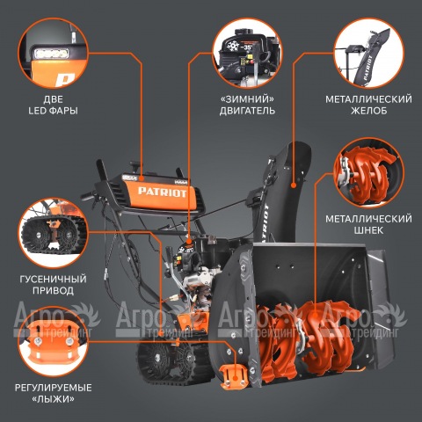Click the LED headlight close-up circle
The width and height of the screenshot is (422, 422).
point(53,53)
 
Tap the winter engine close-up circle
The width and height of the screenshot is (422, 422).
point(247,53)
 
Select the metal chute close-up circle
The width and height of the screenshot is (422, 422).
point(369,53)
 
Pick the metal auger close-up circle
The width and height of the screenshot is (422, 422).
point(369,173)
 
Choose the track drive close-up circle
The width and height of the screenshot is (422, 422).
point(53,233)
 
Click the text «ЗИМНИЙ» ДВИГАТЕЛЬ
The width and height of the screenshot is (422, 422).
point(247,105)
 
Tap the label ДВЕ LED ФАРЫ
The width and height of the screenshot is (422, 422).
point(53,105)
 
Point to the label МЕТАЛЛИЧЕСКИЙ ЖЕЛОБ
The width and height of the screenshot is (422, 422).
point(368,105)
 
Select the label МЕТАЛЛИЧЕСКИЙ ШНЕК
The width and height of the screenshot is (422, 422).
point(368,224)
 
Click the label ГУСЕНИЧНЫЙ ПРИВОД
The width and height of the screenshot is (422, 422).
point(53,285)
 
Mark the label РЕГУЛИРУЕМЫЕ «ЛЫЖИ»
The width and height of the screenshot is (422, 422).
point(53,393)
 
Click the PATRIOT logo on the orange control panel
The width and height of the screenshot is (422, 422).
point(162,192)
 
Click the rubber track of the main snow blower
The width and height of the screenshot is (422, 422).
point(174,362)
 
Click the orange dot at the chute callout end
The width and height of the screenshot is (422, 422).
point(293,185)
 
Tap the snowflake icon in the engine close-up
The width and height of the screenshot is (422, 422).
point(234,47)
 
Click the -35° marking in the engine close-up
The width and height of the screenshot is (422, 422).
point(246,47)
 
